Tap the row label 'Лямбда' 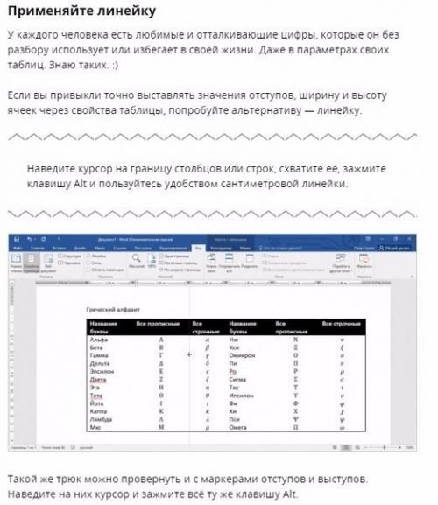100,419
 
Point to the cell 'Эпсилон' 101,371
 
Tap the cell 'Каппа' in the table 98,411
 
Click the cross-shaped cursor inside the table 189,355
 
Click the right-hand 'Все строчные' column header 343,325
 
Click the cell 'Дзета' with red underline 97,379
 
